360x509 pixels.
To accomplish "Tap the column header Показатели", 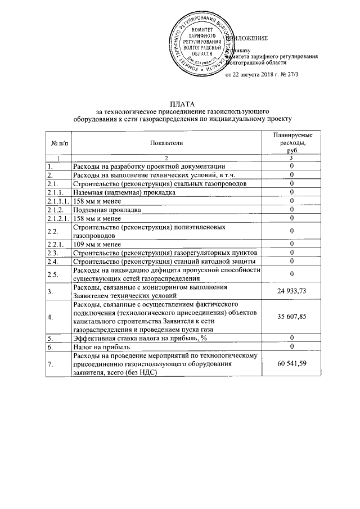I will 166,144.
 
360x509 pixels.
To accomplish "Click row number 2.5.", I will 54,274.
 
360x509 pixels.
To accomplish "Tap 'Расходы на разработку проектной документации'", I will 149,166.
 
